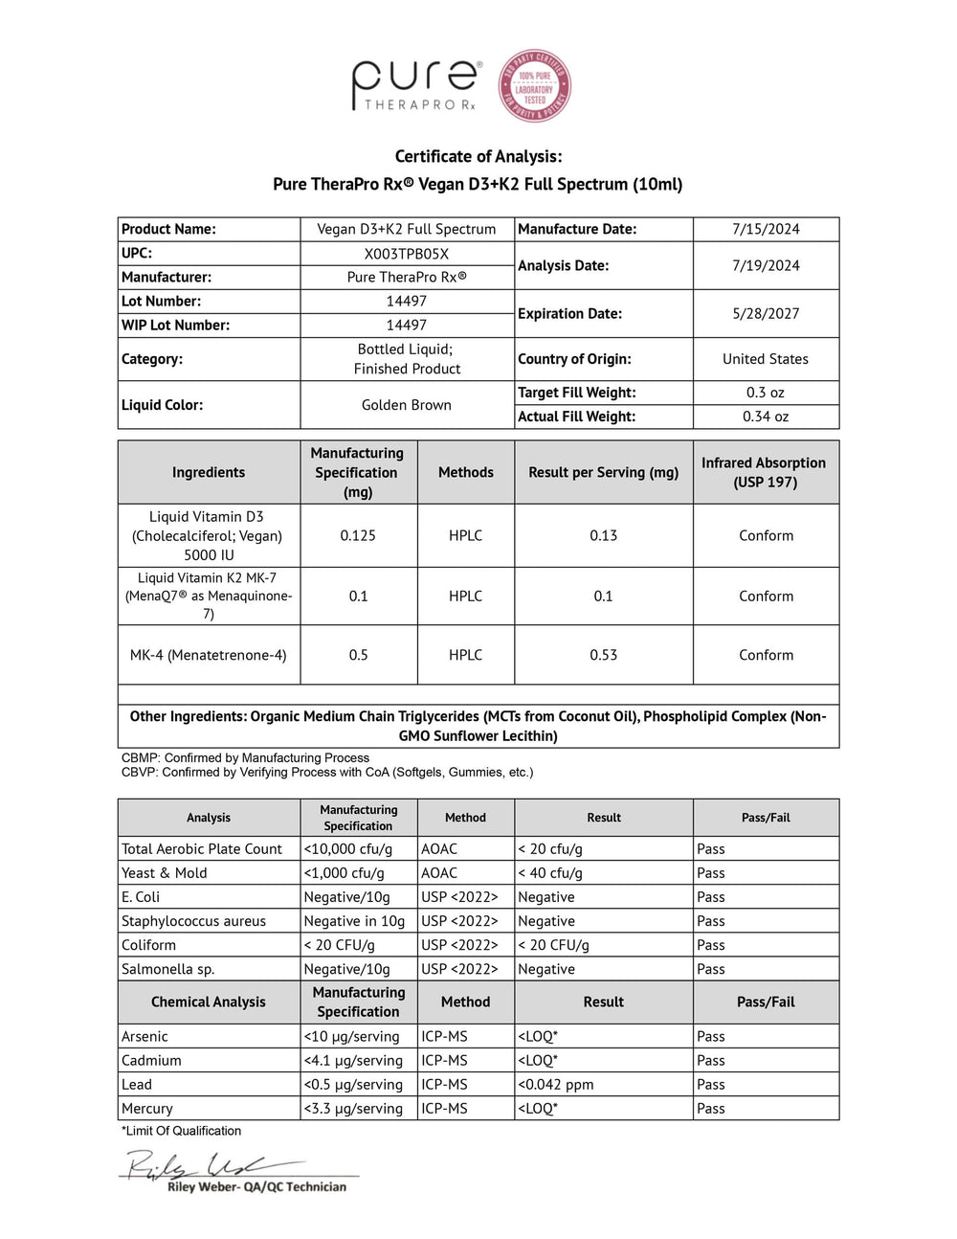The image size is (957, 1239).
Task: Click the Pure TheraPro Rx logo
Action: coord(416,85)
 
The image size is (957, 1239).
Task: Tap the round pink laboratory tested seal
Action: coord(534,86)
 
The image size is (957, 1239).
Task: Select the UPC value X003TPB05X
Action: coord(407,254)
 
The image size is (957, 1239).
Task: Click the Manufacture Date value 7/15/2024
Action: coord(766,229)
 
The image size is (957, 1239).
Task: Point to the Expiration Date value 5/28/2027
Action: coord(766,313)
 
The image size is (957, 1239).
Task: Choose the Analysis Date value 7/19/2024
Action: coord(766,265)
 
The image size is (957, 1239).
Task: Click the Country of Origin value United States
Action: coord(766,359)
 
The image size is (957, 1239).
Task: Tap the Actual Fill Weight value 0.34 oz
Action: coord(766,417)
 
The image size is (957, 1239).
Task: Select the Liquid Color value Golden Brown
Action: coord(407,405)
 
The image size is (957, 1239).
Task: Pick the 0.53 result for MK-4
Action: coord(603,655)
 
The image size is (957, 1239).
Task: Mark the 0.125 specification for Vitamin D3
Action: coord(358,535)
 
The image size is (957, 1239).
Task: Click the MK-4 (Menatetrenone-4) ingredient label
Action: coord(209,655)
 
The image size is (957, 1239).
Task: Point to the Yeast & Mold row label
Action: coord(165,873)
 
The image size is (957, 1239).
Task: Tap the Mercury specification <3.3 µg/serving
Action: coord(353,1109)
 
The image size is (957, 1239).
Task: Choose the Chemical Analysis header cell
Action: coord(209,1002)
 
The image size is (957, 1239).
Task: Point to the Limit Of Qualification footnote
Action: coord(182,1131)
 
